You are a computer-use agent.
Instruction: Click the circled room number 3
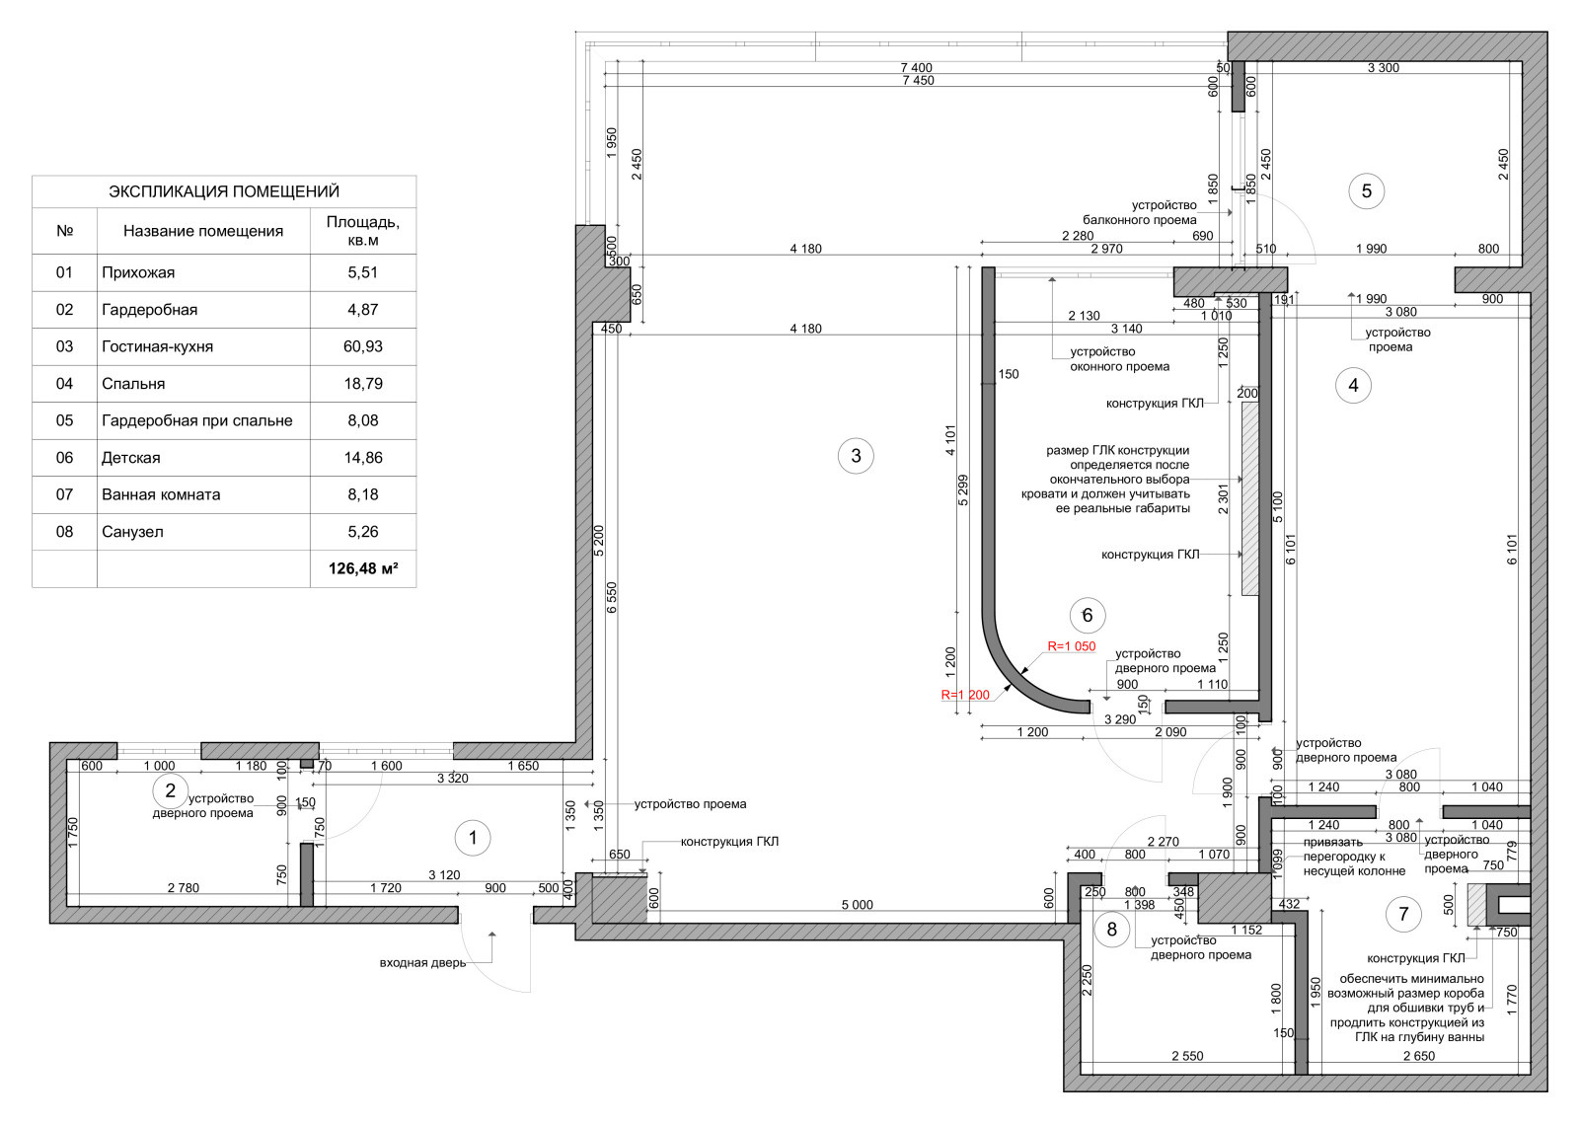click(x=855, y=456)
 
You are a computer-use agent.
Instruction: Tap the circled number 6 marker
click(x=1087, y=616)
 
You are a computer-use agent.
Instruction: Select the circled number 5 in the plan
click(x=1366, y=191)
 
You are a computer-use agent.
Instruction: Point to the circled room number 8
click(x=1111, y=930)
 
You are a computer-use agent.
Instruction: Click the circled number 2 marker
click(x=170, y=791)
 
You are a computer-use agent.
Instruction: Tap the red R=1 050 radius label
click(x=1072, y=646)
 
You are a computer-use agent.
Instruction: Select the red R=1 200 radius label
click(x=965, y=695)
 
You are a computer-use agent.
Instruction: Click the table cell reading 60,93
click(x=363, y=346)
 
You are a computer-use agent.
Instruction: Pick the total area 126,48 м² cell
click(x=363, y=569)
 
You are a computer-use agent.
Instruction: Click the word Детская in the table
click(x=131, y=458)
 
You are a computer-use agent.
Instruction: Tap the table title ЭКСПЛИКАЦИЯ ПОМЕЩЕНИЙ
click(x=224, y=191)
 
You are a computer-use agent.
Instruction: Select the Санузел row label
click(x=132, y=532)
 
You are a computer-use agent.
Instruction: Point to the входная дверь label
click(x=423, y=963)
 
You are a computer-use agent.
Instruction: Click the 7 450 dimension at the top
click(x=919, y=80)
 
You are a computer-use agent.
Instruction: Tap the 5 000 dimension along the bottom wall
click(x=858, y=905)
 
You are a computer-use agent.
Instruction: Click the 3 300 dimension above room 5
click(x=1383, y=68)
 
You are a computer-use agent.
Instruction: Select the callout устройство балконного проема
click(x=1140, y=212)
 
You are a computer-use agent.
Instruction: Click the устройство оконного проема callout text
click(x=1119, y=359)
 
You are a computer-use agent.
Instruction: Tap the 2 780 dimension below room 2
click(x=184, y=888)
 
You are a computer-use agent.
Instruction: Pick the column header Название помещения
click(x=203, y=231)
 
